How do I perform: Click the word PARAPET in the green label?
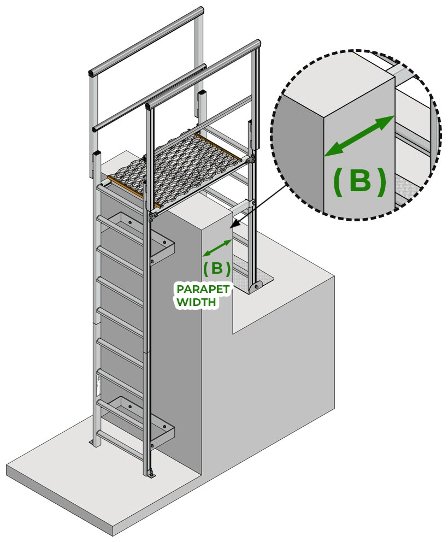tap(203, 289)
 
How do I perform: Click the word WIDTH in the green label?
tap(196, 302)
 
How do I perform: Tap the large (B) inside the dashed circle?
tap(359, 181)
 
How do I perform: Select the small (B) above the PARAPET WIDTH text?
tap(217, 268)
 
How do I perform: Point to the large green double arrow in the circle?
tap(359, 136)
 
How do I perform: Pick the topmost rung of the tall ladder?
tap(121, 195)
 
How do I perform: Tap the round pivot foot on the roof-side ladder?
tap(256, 286)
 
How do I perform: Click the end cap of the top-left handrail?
tap(92, 73)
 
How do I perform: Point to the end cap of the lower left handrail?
tap(96, 129)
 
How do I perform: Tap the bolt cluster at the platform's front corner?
tap(152, 216)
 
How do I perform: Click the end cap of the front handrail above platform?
tap(149, 106)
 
